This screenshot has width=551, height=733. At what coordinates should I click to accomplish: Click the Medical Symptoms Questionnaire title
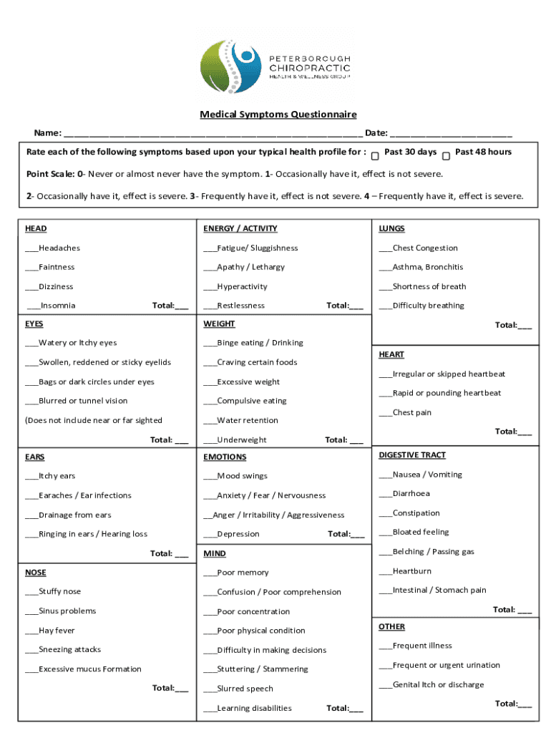click(278, 115)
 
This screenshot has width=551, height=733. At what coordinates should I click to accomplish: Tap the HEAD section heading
click(36, 229)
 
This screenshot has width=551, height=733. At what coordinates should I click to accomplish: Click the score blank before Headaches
click(31, 249)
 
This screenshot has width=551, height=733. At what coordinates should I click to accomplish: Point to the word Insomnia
click(58, 306)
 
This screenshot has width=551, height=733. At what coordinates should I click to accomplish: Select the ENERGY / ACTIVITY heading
click(240, 229)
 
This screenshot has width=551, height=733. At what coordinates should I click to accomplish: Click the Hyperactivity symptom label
click(242, 287)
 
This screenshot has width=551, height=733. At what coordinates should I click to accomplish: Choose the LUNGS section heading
click(391, 229)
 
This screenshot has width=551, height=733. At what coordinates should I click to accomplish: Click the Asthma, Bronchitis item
click(427, 267)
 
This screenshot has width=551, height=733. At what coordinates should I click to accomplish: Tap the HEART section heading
click(391, 355)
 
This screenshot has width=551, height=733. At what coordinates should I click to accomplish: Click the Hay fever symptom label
click(57, 631)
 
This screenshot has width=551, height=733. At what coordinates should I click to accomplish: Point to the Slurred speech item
click(245, 689)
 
